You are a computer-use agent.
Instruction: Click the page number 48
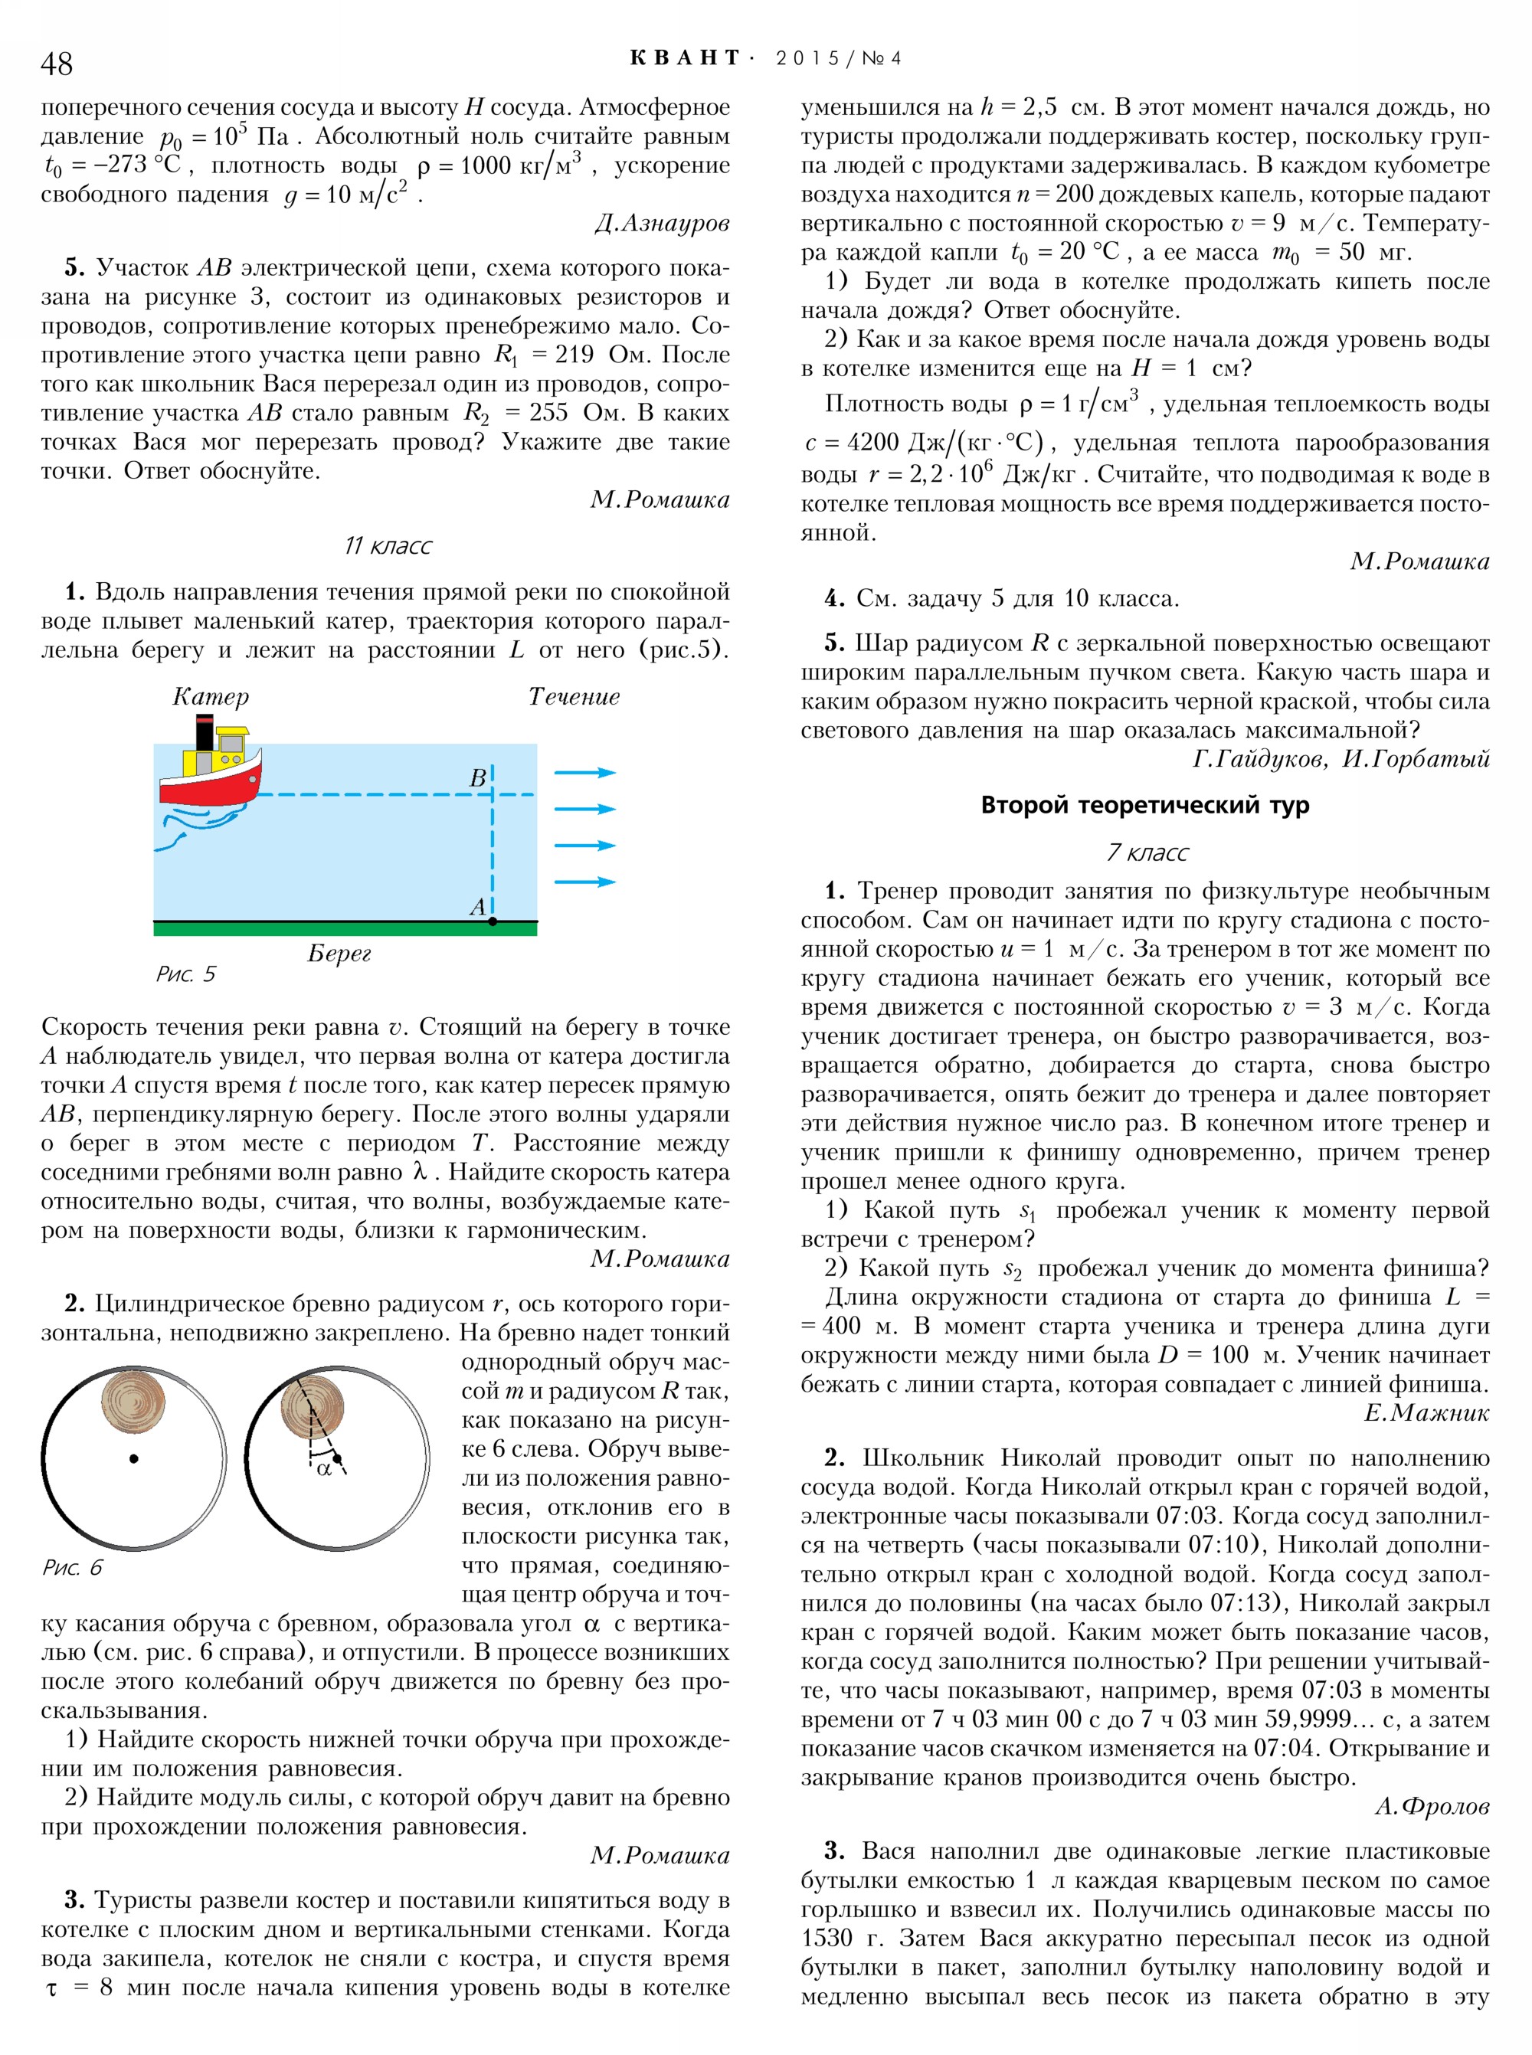[57, 63]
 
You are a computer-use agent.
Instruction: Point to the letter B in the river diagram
[477, 778]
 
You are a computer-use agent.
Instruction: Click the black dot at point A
[493, 921]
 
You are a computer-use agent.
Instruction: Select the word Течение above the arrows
[574, 696]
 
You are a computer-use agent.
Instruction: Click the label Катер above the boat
[211, 696]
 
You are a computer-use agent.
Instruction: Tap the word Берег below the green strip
[339, 952]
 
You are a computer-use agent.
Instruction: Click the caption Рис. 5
[185, 974]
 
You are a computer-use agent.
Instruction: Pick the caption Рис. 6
[72, 1567]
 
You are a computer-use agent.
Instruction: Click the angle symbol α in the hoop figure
[324, 1469]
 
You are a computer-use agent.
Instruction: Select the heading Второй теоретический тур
[1144, 805]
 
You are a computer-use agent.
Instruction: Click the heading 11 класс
[388, 545]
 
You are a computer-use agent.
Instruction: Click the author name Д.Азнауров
[662, 224]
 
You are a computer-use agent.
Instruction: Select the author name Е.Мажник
[1426, 1412]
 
